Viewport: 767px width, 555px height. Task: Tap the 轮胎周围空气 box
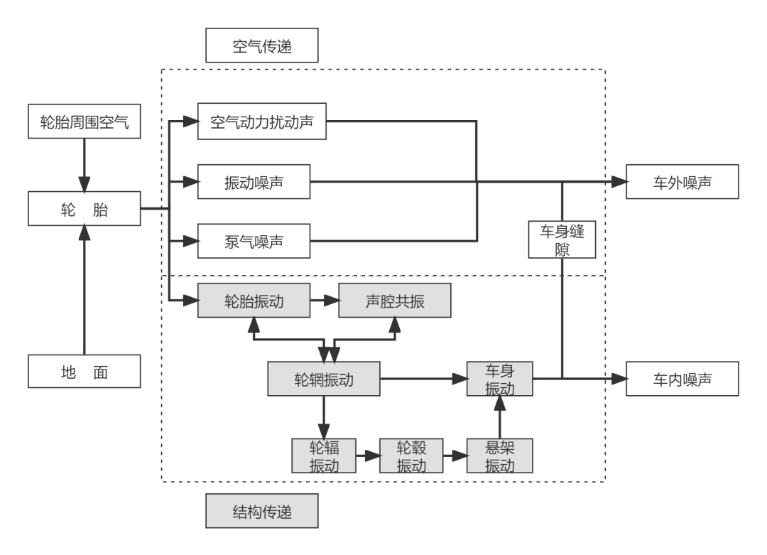[x=85, y=122]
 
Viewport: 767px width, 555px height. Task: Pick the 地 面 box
[x=85, y=372]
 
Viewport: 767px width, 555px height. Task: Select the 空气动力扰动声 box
[x=263, y=122]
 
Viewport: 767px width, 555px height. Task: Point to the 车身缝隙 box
[x=561, y=239]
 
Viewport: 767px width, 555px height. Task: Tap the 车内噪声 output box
[x=682, y=380]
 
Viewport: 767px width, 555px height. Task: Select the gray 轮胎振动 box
[x=254, y=301]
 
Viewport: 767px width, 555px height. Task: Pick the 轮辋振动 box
[x=323, y=380]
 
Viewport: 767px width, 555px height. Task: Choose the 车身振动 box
[x=499, y=379]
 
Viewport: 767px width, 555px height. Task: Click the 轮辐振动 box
[x=323, y=456]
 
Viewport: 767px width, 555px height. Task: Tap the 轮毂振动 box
[x=411, y=456]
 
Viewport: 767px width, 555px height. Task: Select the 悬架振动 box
[x=499, y=456]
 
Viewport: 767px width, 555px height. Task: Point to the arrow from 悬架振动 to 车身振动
[x=499, y=419]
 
